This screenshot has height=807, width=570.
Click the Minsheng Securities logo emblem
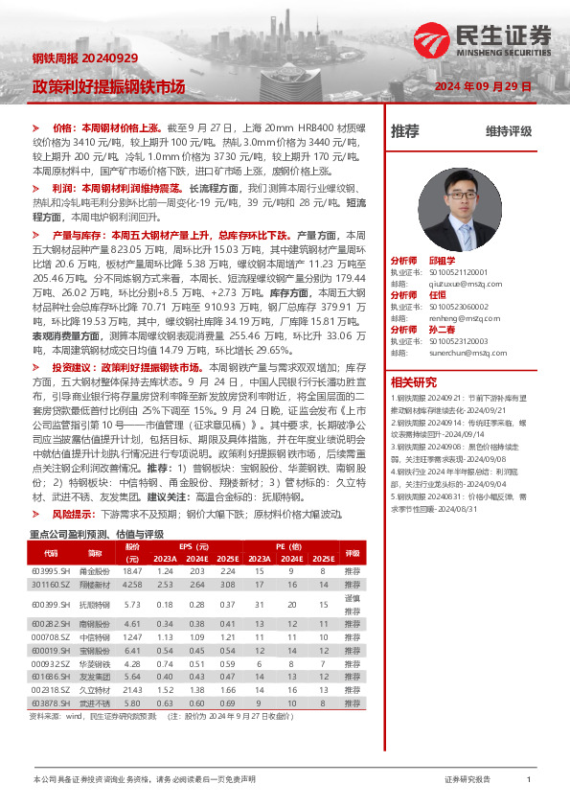431,39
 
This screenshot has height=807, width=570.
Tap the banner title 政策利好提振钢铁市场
109,85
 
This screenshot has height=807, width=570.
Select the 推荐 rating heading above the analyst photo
405,131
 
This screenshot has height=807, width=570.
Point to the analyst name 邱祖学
441,260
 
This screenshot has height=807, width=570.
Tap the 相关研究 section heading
413,382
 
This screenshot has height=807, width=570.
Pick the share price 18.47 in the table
133,570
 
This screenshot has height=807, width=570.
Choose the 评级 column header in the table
352,553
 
